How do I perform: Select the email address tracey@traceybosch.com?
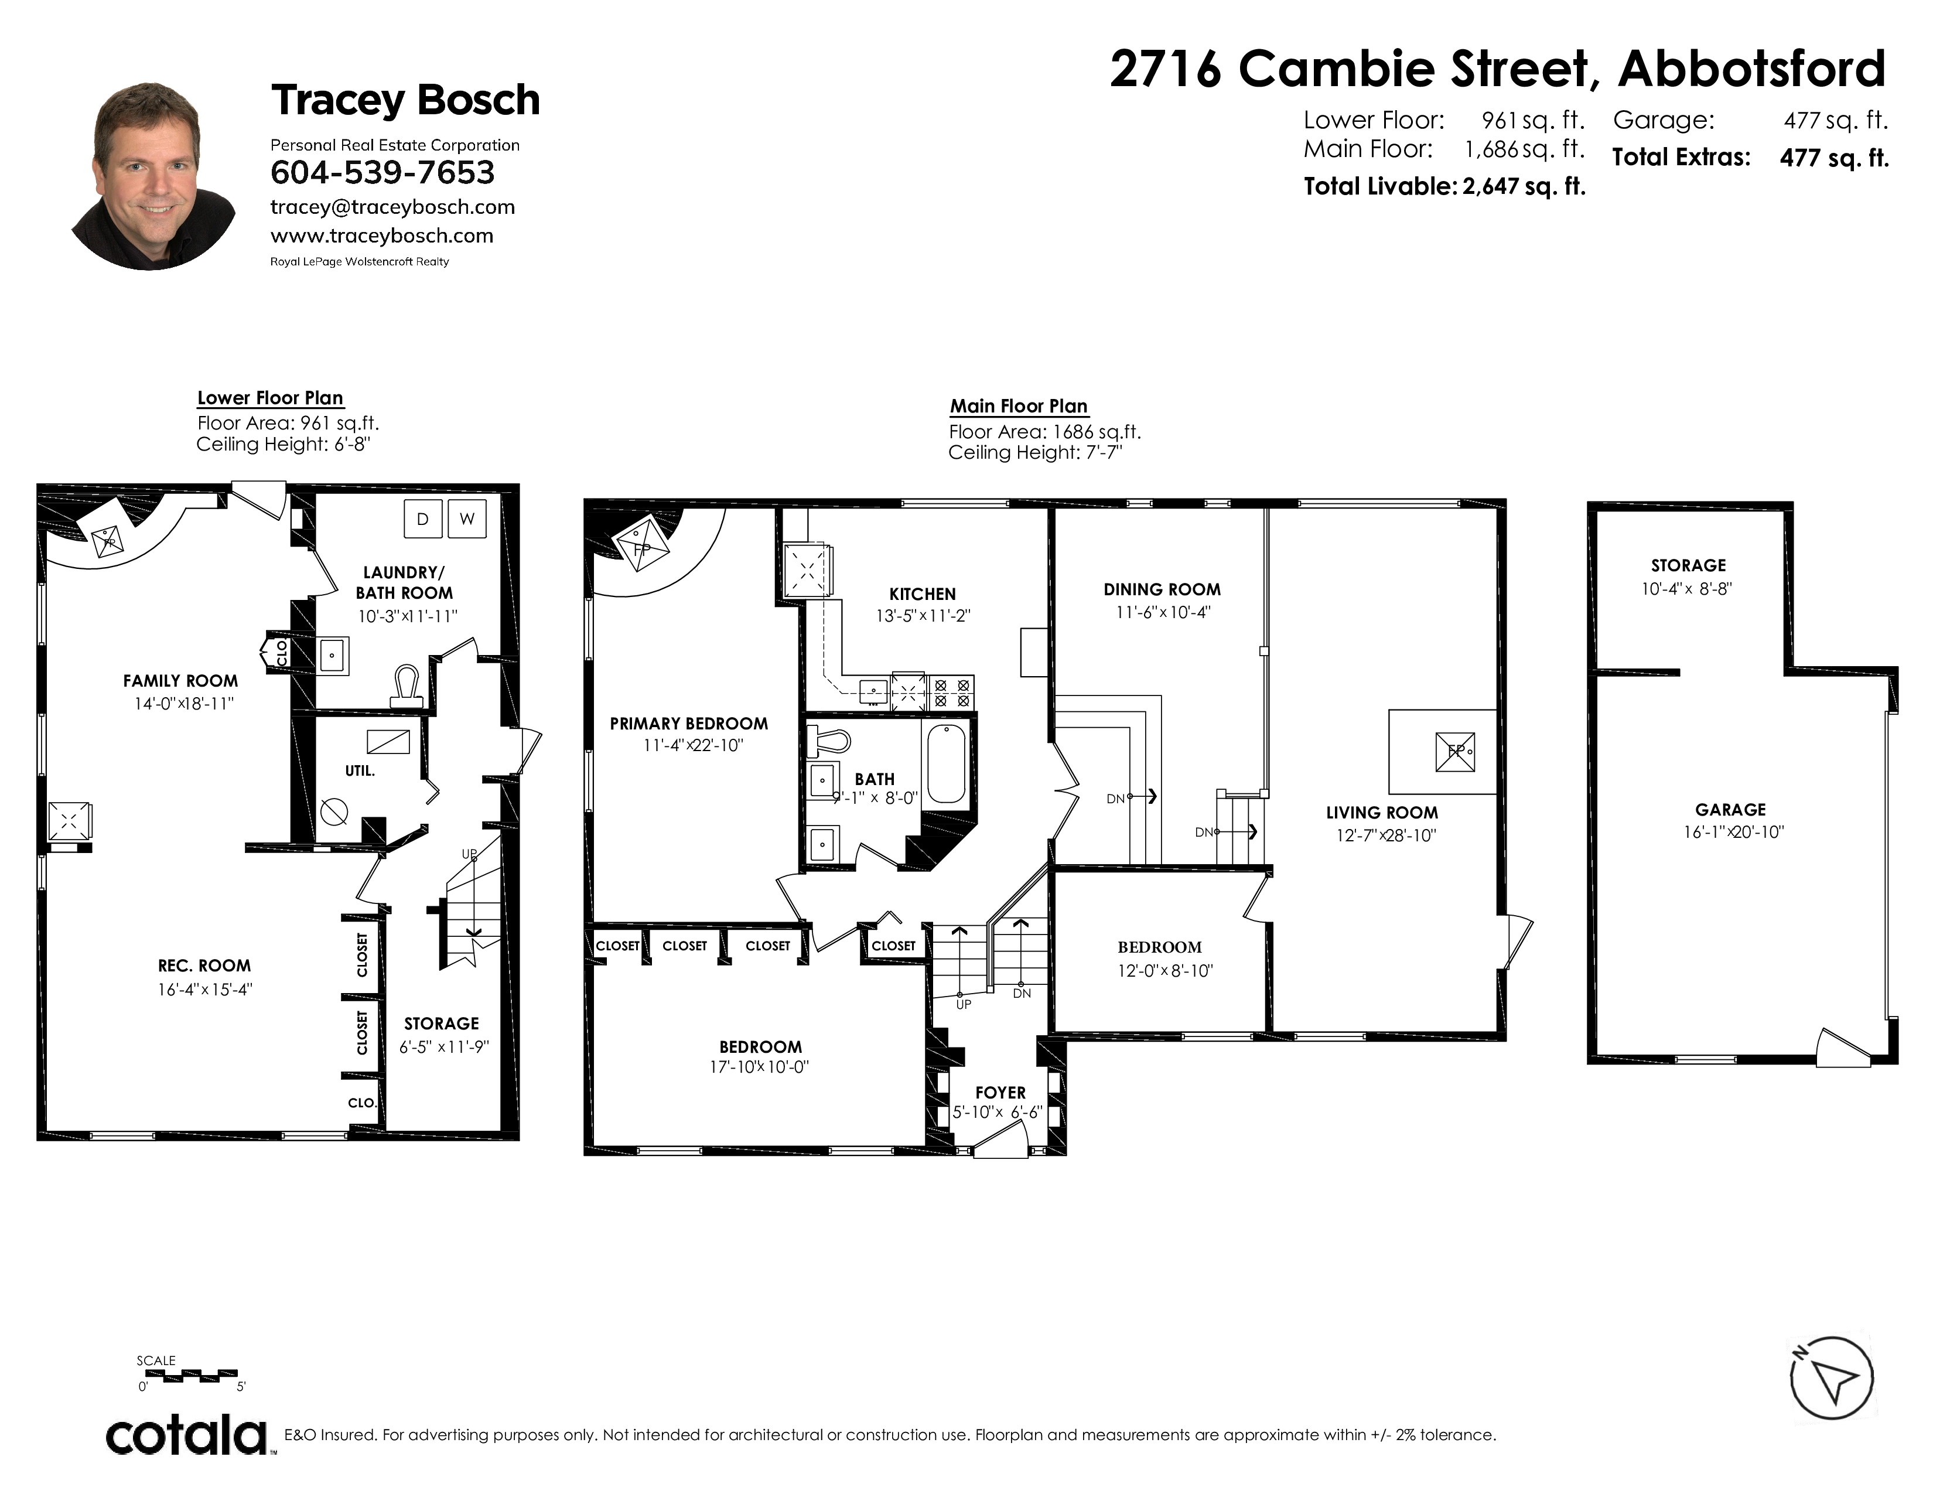tap(392, 207)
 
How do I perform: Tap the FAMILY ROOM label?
tap(180, 681)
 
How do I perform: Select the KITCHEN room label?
tap(922, 594)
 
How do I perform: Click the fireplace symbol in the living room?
tap(1454, 752)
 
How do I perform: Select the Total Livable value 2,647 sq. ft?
tap(1524, 187)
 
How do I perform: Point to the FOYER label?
tap(1000, 1093)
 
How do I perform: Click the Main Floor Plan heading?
tap(1019, 406)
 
